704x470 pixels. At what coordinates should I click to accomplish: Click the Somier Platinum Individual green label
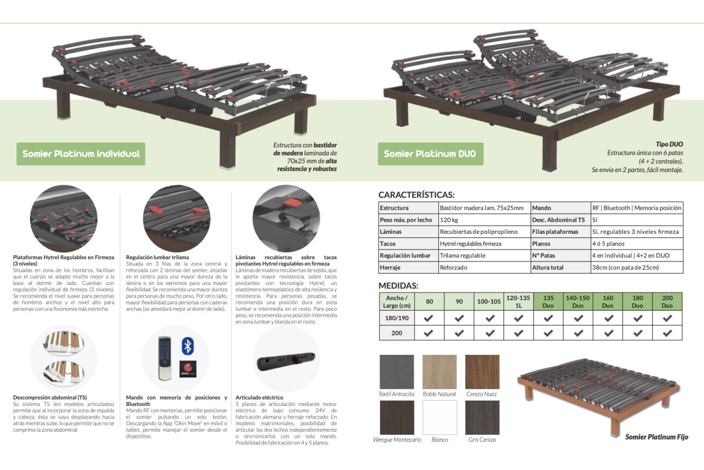click(81, 154)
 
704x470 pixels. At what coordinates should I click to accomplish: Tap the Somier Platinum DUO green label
click(429, 154)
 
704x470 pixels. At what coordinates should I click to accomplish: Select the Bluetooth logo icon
click(187, 346)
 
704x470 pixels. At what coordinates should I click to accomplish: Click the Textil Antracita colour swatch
click(397, 372)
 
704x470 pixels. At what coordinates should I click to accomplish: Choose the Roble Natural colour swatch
click(439, 372)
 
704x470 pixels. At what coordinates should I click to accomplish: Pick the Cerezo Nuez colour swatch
click(482, 372)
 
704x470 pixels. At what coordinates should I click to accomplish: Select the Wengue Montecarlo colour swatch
click(397, 418)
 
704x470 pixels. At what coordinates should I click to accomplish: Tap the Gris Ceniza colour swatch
click(482, 418)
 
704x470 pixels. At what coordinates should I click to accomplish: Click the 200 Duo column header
click(667, 302)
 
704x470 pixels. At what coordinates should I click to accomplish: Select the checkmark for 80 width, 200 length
click(429, 333)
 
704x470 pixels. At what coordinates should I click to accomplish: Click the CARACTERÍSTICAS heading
click(417, 195)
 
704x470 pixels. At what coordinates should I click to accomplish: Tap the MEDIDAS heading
click(398, 286)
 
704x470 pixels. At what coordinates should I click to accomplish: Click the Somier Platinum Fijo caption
click(656, 437)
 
